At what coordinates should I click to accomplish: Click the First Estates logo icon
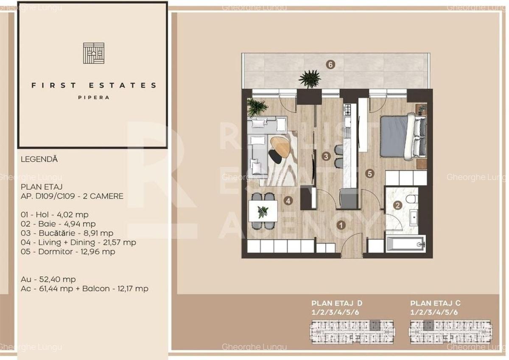point(93,53)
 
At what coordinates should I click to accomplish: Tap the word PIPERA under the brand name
point(94,97)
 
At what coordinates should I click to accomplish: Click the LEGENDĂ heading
point(39,160)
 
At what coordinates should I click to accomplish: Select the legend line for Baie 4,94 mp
point(58,224)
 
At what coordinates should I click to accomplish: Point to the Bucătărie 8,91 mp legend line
point(67,233)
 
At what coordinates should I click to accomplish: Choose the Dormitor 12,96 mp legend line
point(68,251)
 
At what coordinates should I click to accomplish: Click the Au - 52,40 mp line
point(48,279)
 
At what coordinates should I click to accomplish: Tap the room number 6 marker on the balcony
point(330,65)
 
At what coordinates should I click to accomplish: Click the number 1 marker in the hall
point(340,225)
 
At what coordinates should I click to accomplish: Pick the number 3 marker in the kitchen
point(326,156)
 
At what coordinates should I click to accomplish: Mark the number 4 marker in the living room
point(288,201)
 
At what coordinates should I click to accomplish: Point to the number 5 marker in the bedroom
point(370,173)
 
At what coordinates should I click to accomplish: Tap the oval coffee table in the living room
point(280,147)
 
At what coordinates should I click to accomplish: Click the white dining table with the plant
point(263,210)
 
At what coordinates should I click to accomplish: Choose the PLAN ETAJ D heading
point(337,303)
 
